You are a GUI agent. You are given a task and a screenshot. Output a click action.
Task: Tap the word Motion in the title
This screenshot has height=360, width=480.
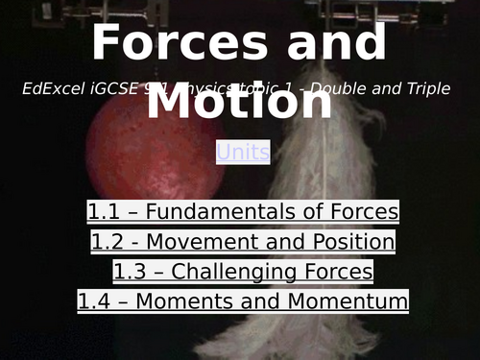click(x=239, y=102)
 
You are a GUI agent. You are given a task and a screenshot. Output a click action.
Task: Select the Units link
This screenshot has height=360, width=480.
click(x=243, y=152)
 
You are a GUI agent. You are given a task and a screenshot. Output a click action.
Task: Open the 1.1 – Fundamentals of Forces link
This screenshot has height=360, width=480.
click(x=243, y=212)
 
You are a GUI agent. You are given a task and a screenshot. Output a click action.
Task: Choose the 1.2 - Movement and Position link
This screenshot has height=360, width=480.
click(x=243, y=242)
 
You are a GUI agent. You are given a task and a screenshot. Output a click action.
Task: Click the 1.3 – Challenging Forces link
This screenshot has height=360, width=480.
click(x=243, y=272)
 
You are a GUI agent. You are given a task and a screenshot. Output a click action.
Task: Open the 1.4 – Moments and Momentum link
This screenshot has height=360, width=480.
click(x=243, y=301)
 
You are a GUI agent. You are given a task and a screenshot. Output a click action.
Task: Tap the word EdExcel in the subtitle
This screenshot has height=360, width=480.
click(x=53, y=88)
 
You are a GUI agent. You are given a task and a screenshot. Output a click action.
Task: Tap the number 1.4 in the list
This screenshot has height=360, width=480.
click(x=94, y=301)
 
